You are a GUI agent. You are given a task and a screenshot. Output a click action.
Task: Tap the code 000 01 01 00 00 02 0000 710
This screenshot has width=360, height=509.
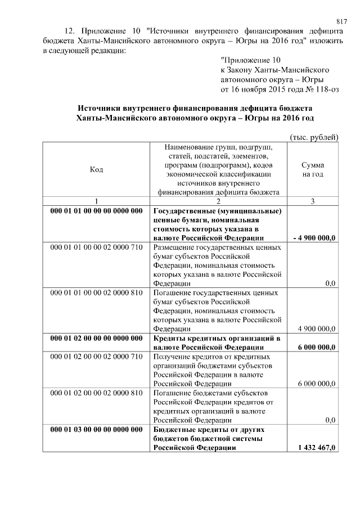point(96,247)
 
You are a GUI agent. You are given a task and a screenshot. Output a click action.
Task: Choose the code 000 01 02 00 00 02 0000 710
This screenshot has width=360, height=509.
point(96,357)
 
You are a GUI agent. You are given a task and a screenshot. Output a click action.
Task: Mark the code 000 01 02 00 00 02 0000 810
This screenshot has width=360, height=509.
point(96,393)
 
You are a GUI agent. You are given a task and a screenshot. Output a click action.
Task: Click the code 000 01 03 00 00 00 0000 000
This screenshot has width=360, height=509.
point(96,430)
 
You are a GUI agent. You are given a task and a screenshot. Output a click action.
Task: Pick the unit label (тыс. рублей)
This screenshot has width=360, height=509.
point(314,136)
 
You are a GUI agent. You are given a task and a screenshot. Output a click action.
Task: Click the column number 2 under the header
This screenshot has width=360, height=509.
point(218,201)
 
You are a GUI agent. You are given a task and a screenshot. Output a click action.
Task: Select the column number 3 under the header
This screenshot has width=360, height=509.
point(312,201)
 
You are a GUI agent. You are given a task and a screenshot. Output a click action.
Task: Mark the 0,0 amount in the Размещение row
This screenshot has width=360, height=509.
point(330,283)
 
